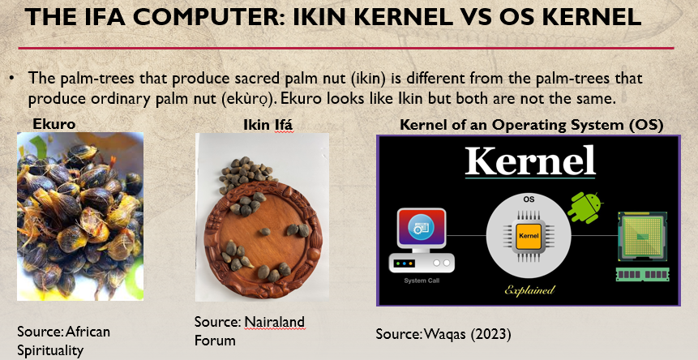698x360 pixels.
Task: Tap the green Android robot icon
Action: tap(585, 207)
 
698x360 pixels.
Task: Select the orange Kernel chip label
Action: tap(529, 236)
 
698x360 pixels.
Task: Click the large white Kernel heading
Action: tap(530, 161)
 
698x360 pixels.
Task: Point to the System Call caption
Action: tap(422, 281)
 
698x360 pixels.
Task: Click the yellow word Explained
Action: tap(529, 290)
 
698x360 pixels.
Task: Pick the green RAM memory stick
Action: tap(642, 274)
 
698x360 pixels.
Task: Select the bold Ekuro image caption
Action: tap(54, 124)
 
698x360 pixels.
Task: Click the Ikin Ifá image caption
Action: tap(268, 125)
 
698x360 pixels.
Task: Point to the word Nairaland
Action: tap(275, 321)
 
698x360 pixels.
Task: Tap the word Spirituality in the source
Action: tap(50, 350)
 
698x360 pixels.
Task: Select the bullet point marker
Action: tap(12, 79)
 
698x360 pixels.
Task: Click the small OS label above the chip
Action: tap(529, 199)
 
